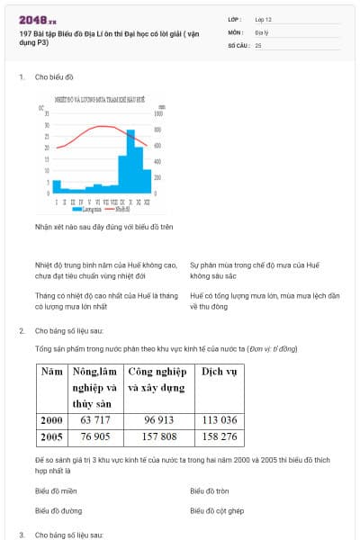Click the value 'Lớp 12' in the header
[x=265, y=19]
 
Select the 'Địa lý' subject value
[x=261, y=31]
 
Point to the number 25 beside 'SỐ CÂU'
[x=258, y=44]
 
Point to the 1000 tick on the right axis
[x=159, y=114]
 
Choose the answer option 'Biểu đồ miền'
[x=56, y=491]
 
